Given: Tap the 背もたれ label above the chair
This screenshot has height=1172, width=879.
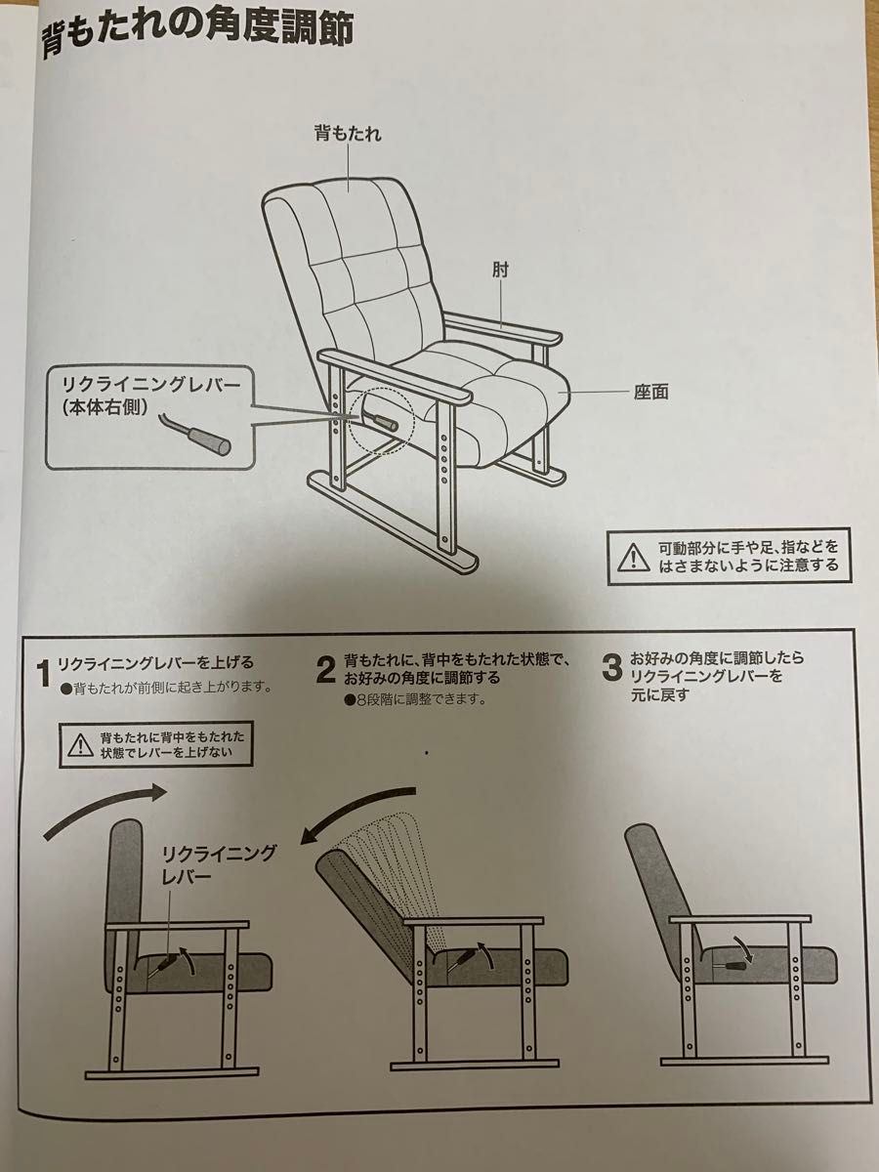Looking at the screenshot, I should (x=347, y=134).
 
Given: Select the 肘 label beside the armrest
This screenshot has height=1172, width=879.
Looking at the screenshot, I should (x=501, y=268).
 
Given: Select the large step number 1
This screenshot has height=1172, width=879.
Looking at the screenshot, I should (x=43, y=673).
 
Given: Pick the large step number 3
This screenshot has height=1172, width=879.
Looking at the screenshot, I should (x=611, y=668).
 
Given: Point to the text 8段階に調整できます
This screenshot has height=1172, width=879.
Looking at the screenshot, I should (x=420, y=699).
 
